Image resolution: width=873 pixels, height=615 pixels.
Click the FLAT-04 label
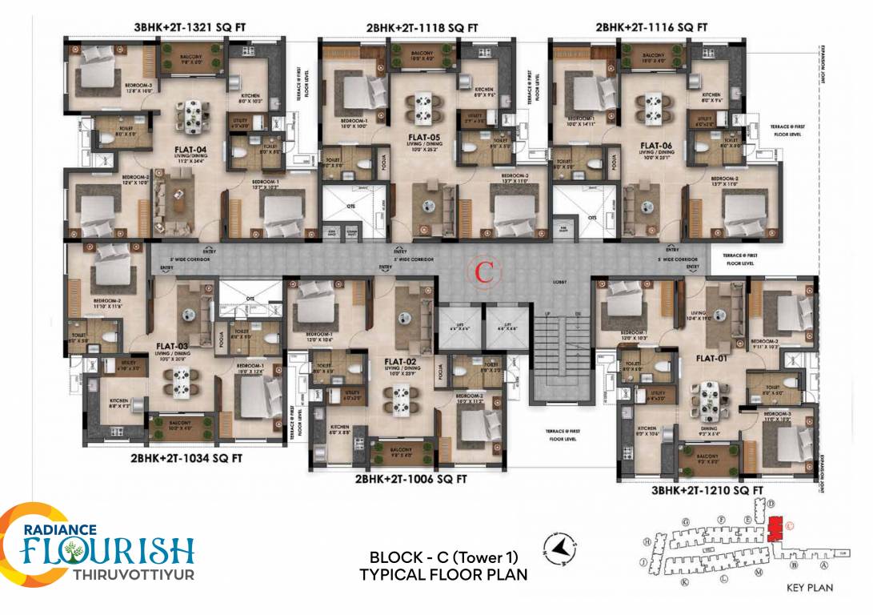(191, 149)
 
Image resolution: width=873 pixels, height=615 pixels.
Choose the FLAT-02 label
(398, 361)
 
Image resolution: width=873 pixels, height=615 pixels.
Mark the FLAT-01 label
(711, 358)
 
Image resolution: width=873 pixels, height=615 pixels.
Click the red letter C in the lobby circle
(483, 271)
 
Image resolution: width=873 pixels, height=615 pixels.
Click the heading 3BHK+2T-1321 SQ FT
(190, 27)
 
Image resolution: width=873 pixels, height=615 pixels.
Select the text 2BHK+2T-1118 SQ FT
(422, 27)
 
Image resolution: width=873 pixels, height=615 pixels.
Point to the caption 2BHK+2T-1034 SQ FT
(186, 459)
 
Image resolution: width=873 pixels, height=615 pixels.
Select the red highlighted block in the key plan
(773, 529)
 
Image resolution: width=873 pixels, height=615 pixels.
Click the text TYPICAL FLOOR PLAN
(443, 574)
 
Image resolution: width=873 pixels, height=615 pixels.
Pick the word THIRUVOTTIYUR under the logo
(133, 575)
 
